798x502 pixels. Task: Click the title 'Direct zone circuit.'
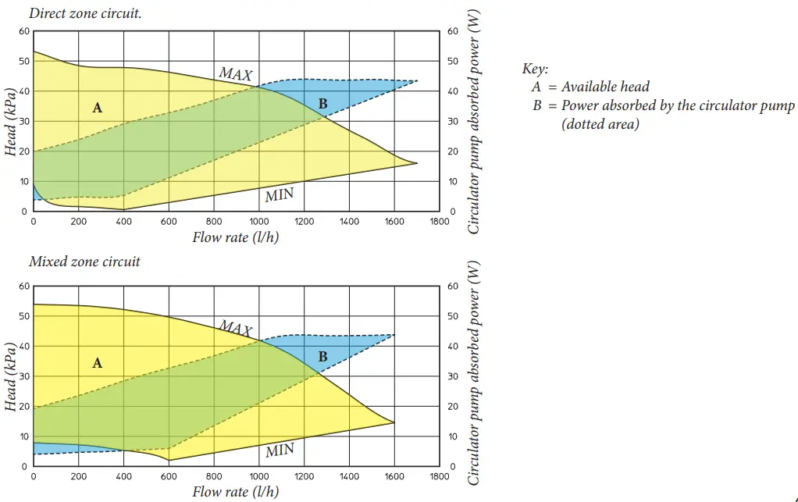tap(85, 14)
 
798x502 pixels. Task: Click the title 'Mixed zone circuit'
tap(84, 262)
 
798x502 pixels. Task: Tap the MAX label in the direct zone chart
tap(235, 74)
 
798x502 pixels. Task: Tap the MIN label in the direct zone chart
tap(279, 195)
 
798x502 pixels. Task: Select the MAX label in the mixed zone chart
tap(235, 326)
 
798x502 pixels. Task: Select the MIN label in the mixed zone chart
tap(280, 450)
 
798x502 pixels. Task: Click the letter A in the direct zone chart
tap(97, 108)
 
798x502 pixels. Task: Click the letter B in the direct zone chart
tap(322, 104)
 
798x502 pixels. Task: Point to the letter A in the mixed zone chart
tap(97, 363)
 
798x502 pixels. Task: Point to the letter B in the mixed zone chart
tap(322, 358)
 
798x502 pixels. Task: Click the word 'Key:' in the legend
tap(535, 69)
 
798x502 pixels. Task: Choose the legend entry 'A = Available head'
tap(590, 87)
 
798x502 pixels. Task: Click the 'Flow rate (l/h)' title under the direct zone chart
tap(235, 237)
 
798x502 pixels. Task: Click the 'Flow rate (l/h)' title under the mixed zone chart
tap(235, 492)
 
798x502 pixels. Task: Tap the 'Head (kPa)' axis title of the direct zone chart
tap(11, 122)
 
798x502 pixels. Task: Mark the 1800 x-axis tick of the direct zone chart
tap(440, 222)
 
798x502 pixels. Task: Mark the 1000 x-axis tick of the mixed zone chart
tap(258, 476)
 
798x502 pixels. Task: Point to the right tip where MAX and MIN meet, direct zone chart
tap(417, 163)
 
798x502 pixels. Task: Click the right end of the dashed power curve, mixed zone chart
tap(394, 335)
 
